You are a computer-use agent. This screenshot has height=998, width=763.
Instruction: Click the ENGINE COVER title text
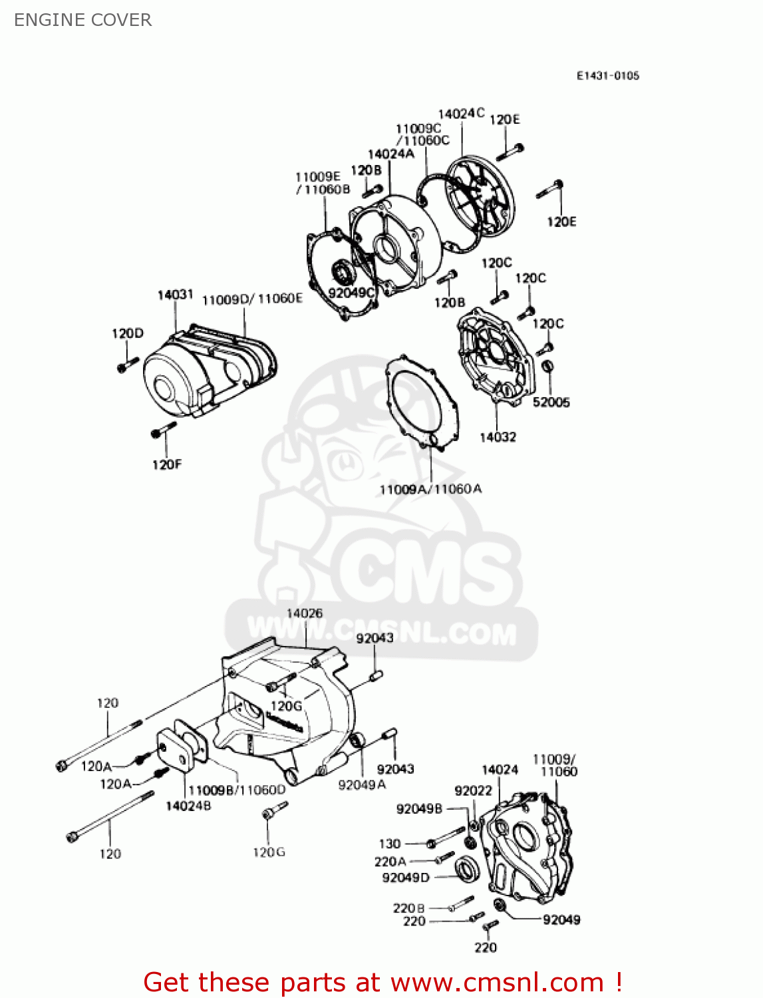(x=82, y=20)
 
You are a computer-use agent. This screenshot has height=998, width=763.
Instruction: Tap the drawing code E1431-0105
(x=607, y=76)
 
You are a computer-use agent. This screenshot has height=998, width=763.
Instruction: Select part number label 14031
(x=175, y=295)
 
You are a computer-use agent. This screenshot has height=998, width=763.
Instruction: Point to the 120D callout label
(x=127, y=333)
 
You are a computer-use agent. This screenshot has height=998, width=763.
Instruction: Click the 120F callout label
(x=166, y=464)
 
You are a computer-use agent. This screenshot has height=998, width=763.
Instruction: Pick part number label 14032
(x=498, y=437)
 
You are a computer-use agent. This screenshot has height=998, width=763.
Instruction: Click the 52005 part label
(x=551, y=402)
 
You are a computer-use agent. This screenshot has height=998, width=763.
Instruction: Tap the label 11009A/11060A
(x=430, y=489)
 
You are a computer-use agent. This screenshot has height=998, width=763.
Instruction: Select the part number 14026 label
(x=305, y=613)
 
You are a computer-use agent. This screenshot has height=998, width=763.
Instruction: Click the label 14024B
(x=188, y=806)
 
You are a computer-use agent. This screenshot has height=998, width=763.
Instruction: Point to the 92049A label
(x=362, y=785)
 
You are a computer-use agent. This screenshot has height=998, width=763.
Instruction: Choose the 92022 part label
(x=473, y=790)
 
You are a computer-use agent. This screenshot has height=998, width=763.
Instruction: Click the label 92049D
(x=406, y=878)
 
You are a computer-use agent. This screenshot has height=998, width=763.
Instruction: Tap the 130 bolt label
(x=389, y=844)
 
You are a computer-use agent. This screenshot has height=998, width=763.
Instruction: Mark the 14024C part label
(x=461, y=114)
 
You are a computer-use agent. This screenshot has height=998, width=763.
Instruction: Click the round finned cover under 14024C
(x=480, y=196)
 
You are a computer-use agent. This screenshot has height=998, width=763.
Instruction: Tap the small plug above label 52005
(x=547, y=365)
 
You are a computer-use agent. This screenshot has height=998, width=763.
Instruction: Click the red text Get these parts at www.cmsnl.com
(x=382, y=982)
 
